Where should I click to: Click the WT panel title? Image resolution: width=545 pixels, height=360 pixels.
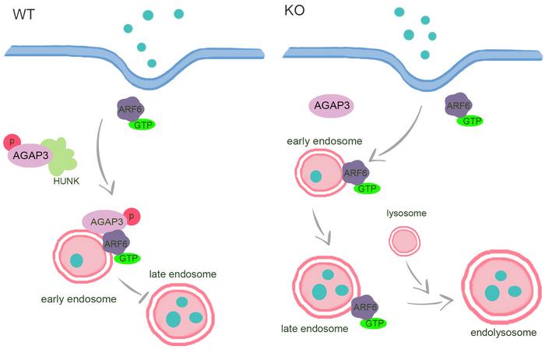tap(18, 15)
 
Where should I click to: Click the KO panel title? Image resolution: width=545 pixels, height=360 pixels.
tap(297, 15)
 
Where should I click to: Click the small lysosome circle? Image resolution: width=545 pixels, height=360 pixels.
tap(404, 242)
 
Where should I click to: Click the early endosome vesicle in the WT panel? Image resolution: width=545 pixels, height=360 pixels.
tap(79, 260)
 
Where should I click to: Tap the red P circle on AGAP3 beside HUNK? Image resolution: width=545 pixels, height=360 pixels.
tap(11, 142)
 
